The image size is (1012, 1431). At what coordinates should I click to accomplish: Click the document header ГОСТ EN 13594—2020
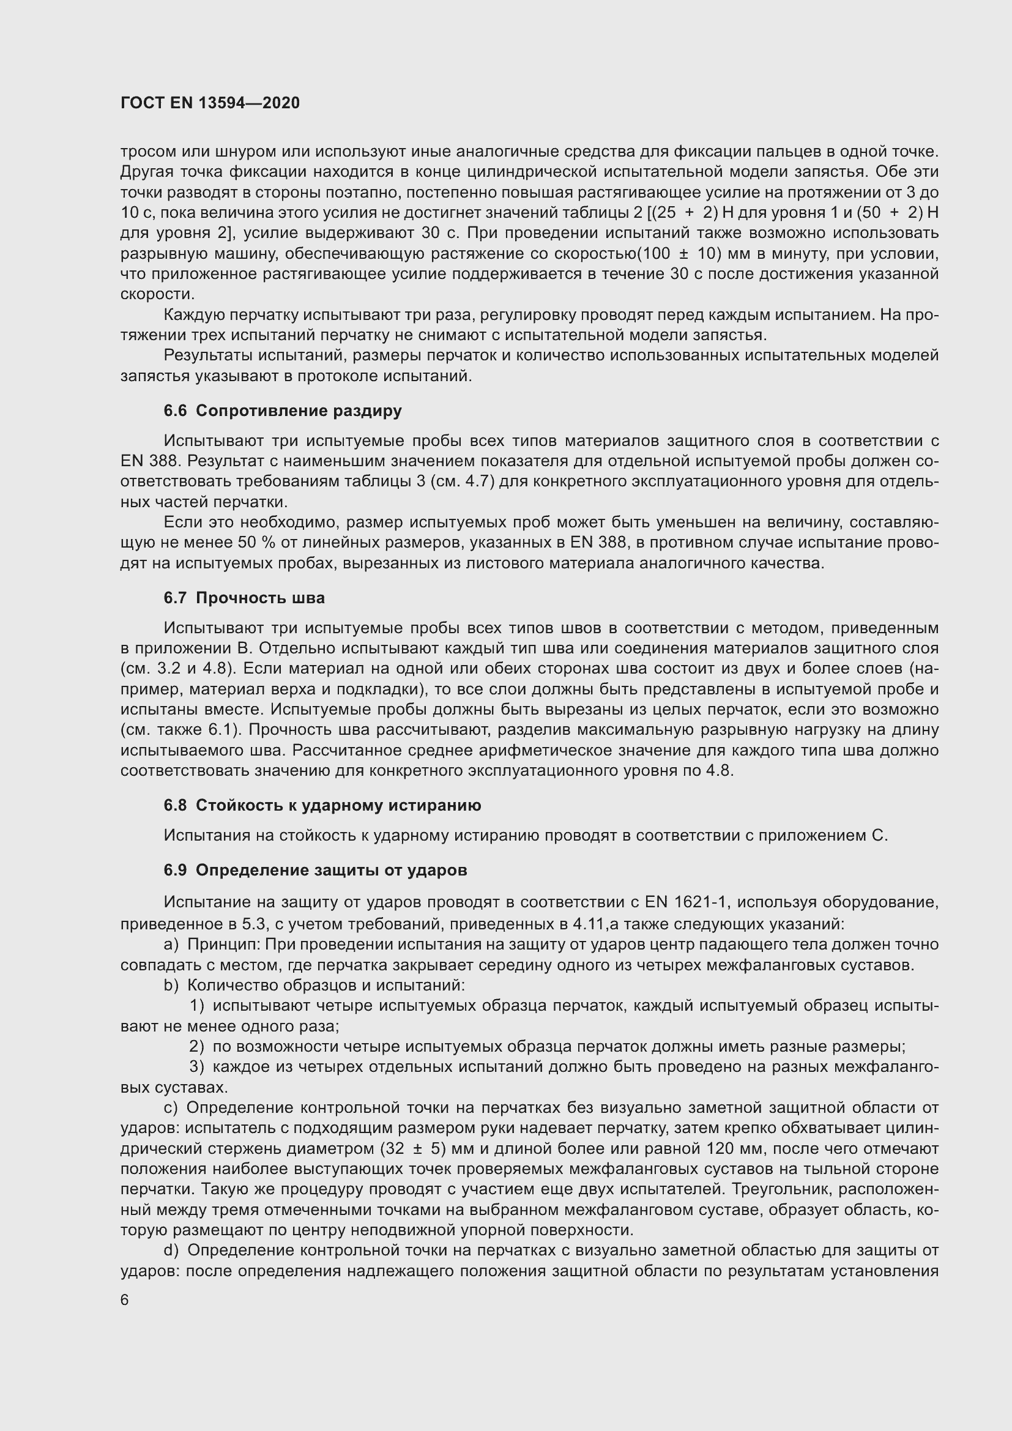(x=210, y=103)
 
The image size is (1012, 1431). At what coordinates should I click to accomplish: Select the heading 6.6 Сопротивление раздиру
(x=282, y=411)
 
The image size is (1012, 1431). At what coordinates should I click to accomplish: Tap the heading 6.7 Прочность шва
(x=244, y=598)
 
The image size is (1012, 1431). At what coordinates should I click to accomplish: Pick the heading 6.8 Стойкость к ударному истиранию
(x=322, y=805)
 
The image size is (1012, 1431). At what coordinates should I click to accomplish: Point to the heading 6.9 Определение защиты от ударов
(x=314, y=870)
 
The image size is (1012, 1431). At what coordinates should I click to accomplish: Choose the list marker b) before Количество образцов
(x=171, y=986)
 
